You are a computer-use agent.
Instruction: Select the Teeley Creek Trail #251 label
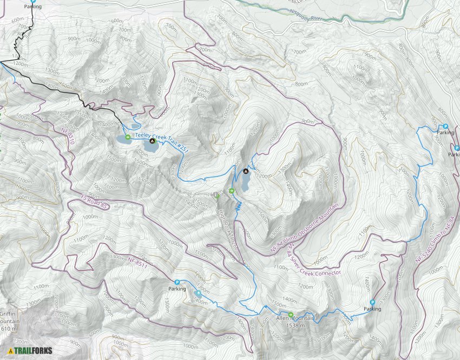point(154,133)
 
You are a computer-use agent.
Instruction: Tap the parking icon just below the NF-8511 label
point(177,282)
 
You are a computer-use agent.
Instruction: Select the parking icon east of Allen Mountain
point(372,303)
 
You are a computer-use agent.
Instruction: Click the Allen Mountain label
point(295,319)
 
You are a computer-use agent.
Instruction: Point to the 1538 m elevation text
point(295,326)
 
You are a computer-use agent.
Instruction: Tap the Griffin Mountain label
point(9,317)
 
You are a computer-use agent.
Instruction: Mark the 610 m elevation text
point(9,329)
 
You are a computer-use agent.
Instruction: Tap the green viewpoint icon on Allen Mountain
point(291,315)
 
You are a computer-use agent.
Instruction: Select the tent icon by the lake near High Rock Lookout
point(246,171)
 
